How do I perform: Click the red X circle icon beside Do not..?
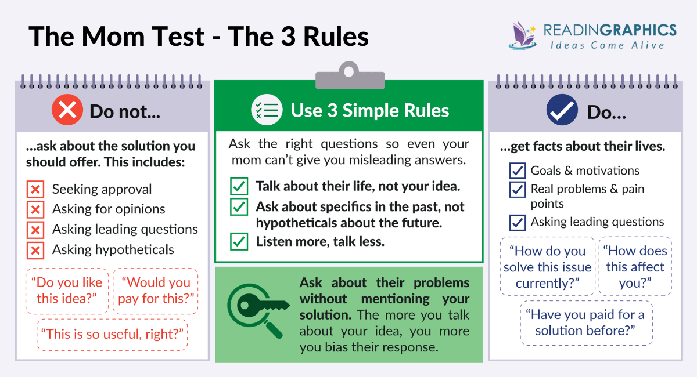(67, 110)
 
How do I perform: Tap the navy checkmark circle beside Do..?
(562, 110)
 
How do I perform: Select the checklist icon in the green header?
(267, 110)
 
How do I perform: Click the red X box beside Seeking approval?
(36, 189)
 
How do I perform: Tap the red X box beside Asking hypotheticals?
(36, 250)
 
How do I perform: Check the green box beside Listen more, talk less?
(239, 241)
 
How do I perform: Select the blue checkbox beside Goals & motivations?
(517, 171)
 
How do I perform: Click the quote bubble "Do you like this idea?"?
(67, 291)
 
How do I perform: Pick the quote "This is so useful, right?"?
(112, 335)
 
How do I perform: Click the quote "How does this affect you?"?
(635, 267)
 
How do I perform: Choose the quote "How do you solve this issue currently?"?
(547, 267)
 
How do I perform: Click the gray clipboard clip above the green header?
(349, 74)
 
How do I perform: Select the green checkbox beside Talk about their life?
(239, 187)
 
